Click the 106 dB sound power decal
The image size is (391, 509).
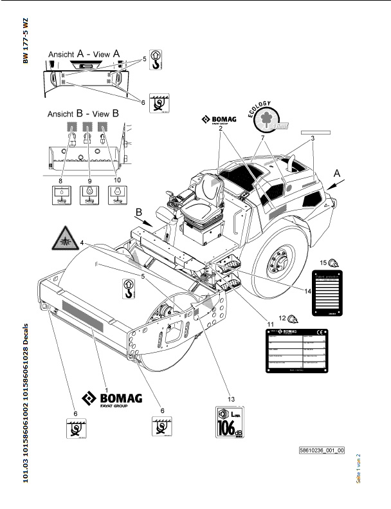point(230,422)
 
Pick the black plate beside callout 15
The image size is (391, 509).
point(333,293)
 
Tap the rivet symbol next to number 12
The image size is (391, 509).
point(293,319)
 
